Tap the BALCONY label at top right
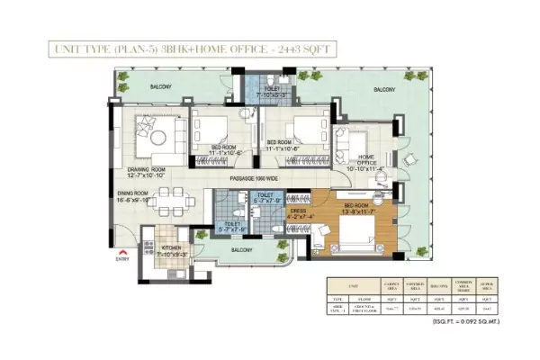click(384, 90)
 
